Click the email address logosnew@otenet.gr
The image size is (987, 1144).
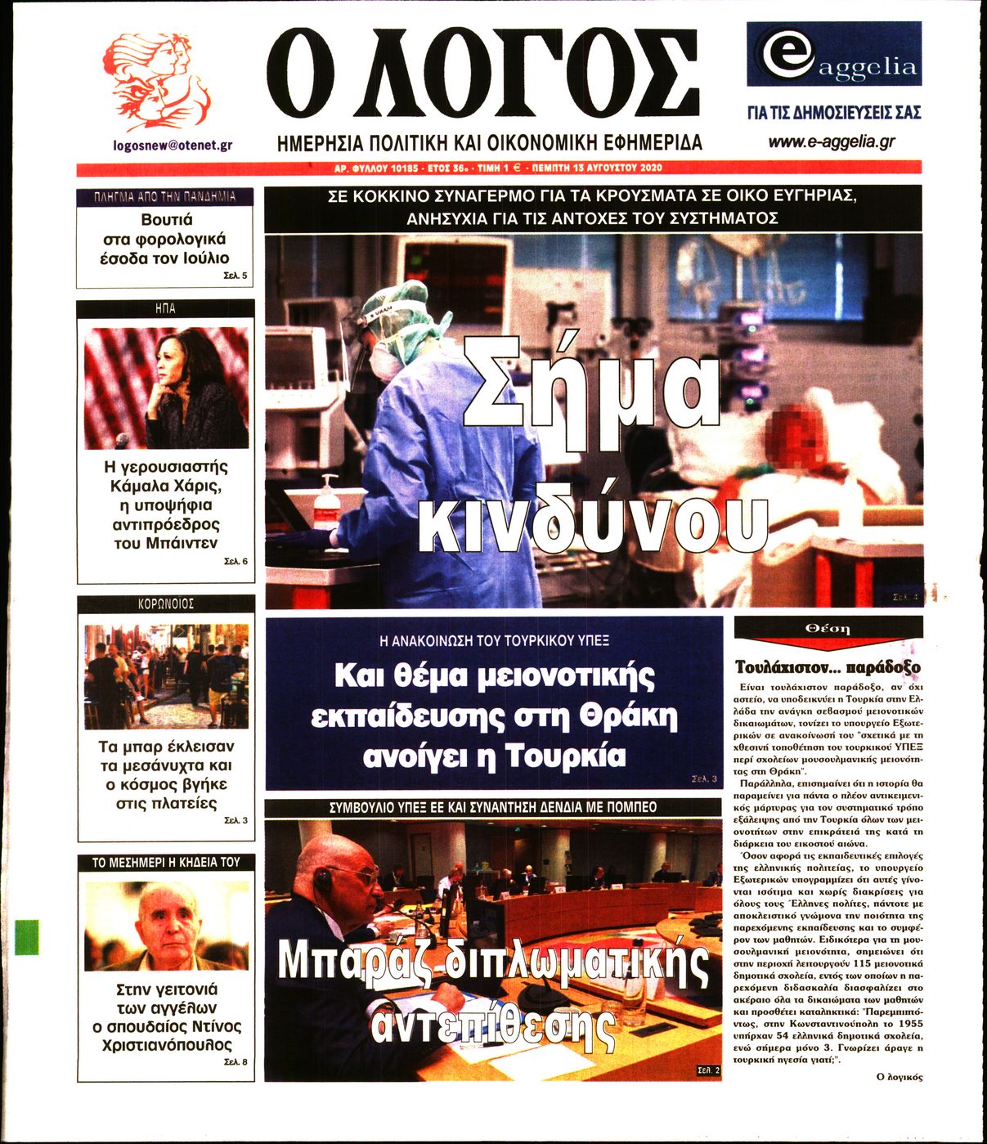173,145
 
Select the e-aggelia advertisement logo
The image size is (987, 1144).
834,54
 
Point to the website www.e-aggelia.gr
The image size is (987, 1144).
831,141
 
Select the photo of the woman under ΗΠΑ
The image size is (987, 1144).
166,388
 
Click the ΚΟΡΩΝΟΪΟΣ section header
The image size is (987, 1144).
166,604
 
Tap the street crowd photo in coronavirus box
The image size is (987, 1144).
166,676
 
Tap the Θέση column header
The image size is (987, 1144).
828,628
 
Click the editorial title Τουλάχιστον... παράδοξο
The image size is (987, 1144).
828,666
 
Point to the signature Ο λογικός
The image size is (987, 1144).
899,1077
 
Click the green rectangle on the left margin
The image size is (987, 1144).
27,936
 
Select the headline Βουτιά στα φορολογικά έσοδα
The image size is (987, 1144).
165,239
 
